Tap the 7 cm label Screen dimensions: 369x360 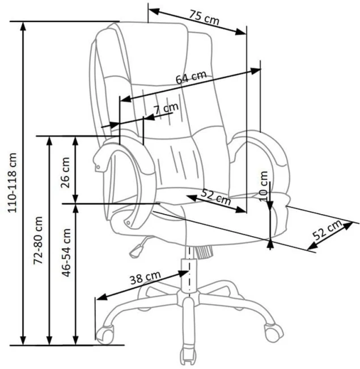pyautogui.click(x=167, y=107)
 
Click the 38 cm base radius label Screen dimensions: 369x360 pyautogui.click(x=145, y=278)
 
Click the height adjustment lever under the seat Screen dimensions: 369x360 pyautogui.click(x=136, y=246)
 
